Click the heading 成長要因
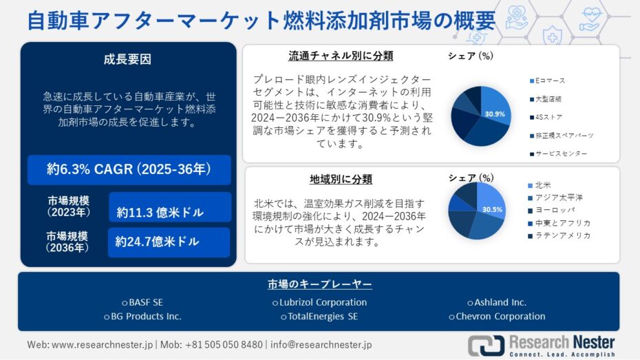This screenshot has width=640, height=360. click(127, 60)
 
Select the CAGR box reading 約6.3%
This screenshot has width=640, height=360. click(129, 169)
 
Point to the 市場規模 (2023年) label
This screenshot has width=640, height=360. click(69, 207)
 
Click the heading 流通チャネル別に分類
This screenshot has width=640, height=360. click(341, 56)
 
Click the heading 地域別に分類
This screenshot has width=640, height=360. click(341, 179)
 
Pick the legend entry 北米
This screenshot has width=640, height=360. click(540, 185)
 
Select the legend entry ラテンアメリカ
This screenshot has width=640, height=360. click(559, 235)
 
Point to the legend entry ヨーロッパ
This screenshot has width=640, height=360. click(551, 210)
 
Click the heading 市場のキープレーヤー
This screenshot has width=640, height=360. click(319, 284)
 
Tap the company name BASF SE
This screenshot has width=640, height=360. click(142, 302)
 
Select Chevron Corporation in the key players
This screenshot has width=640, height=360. click(497, 317)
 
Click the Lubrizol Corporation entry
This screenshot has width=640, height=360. click(319, 302)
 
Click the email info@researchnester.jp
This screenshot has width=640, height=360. click(321, 344)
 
